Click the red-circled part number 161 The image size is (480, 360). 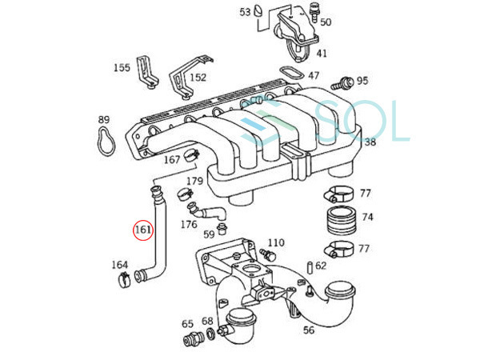[x=143, y=230]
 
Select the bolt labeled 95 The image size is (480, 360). [x=342, y=83]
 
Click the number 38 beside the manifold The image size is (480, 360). [x=370, y=142]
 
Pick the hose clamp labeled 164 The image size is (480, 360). [x=125, y=279]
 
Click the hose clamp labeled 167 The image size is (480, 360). [x=192, y=155]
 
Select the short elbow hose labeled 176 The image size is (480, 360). [x=206, y=211]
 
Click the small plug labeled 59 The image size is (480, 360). [x=221, y=230]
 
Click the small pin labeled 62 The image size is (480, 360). [x=310, y=267]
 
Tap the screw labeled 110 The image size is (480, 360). [x=268, y=254]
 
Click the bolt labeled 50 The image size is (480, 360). [x=313, y=12]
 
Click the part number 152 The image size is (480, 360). [x=198, y=77]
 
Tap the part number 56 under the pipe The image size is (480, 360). [x=309, y=330]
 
